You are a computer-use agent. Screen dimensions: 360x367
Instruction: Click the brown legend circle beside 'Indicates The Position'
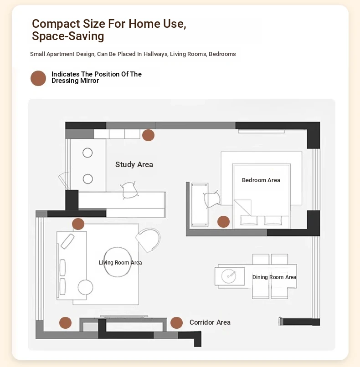click(38, 78)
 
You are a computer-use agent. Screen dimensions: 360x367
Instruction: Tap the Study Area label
click(134, 164)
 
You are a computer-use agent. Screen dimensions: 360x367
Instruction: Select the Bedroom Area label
click(261, 180)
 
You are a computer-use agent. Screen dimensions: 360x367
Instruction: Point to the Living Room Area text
click(120, 263)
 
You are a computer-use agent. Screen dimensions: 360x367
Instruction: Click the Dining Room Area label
click(274, 277)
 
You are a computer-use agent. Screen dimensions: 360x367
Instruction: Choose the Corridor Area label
click(210, 322)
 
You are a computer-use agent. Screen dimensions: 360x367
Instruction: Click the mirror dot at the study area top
click(148, 135)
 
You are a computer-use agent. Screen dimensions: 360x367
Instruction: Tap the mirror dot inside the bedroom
click(223, 222)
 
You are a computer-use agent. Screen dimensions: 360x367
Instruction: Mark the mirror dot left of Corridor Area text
click(176, 323)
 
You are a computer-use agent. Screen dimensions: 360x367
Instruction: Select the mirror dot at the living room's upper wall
click(78, 224)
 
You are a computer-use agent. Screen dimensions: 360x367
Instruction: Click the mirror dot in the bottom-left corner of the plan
click(65, 323)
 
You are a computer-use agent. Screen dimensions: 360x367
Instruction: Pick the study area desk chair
click(129, 190)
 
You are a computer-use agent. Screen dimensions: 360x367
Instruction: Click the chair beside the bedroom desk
click(212, 199)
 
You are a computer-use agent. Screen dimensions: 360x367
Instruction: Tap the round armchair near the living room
click(149, 240)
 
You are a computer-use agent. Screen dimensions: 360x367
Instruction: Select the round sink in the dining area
click(228, 276)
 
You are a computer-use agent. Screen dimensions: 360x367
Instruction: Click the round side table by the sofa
click(85, 287)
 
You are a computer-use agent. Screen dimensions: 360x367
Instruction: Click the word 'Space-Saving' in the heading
click(68, 36)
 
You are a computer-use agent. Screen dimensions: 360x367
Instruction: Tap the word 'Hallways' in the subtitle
click(156, 54)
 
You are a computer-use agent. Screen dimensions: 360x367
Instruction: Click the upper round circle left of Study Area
click(87, 153)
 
